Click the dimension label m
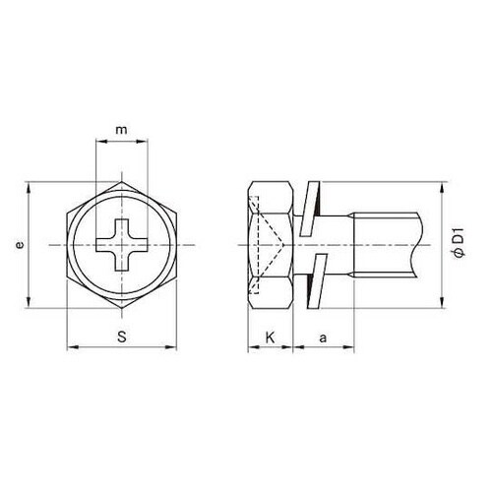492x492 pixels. (x=121, y=130)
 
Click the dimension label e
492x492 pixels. (x=20, y=245)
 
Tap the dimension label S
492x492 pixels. (x=122, y=337)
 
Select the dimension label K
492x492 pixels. (x=270, y=338)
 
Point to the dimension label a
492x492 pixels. (x=323, y=338)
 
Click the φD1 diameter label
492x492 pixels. (x=459, y=243)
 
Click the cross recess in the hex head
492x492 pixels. (x=122, y=245)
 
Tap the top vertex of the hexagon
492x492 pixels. (x=122, y=181)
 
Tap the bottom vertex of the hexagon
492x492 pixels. (x=122, y=308)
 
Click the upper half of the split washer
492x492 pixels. (x=310, y=209)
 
